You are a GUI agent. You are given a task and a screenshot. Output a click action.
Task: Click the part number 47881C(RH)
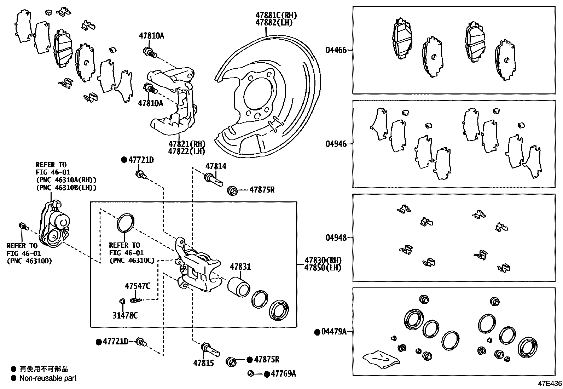point(276,15)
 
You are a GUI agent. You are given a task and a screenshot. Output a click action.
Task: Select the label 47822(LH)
point(187,151)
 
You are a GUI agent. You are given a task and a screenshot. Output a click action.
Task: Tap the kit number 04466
point(336,50)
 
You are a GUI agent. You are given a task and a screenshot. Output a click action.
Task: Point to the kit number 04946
point(336,144)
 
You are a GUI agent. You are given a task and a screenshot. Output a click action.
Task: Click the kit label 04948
point(336,238)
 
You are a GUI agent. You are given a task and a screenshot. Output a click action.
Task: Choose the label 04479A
point(334,332)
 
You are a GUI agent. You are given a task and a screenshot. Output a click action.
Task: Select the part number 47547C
point(137,286)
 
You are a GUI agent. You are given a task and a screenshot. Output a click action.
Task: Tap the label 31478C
point(125,315)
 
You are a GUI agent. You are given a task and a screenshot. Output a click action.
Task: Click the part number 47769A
point(283,373)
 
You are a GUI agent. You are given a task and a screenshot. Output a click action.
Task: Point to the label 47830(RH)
point(323,261)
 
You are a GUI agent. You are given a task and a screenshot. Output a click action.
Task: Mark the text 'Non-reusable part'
point(48,378)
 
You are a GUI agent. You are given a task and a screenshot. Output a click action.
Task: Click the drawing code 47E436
point(550,383)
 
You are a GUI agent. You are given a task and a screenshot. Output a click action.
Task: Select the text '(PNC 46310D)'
point(29,261)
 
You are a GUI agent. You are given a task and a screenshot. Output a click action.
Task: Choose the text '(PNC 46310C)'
point(132,261)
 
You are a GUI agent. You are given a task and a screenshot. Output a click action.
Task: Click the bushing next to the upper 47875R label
point(232,190)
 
